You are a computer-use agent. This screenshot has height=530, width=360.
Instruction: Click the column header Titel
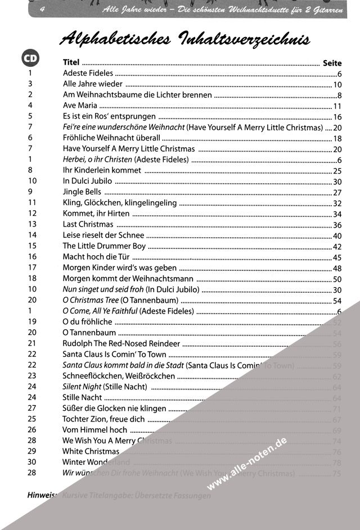(x=71, y=63)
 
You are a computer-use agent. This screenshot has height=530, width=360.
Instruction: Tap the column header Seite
(x=332, y=63)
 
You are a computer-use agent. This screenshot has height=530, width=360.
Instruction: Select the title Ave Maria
(x=80, y=106)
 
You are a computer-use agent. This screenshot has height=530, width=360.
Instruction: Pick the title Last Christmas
(x=88, y=224)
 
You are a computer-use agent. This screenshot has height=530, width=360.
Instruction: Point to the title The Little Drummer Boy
(x=104, y=246)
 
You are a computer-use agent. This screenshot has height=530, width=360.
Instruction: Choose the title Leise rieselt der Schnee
(x=103, y=235)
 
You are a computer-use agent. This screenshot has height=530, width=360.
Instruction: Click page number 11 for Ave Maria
(x=337, y=106)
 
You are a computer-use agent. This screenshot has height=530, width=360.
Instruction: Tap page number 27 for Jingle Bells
(x=337, y=192)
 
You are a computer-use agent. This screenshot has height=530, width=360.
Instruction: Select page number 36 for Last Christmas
(x=337, y=225)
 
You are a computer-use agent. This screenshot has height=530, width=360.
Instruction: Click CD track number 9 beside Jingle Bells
(x=30, y=192)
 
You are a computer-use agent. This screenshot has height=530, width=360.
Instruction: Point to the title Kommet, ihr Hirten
(x=96, y=214)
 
